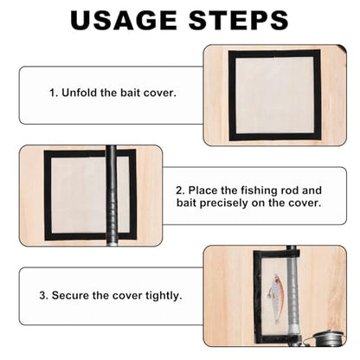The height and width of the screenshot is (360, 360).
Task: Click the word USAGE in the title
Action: pyautogui.click(x=124, y=20)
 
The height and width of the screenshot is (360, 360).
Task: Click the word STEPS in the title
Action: pyautogui.click(x=239, y=20)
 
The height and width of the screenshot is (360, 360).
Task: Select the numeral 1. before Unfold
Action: pyautogui.click(x=55, y=93)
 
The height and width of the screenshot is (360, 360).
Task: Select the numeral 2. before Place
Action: pyautogui.click(x=180, y=190)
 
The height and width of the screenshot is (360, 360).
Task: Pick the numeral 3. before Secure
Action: pyautogui.click(x=44, y=296)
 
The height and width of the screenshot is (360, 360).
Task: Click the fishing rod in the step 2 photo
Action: pyautogui.click(x=111, y=196)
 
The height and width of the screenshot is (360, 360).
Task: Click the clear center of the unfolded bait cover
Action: pyautogui.click(x=274, y=95)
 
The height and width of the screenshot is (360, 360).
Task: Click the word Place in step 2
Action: pyautogui.click(x=202, y=190)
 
